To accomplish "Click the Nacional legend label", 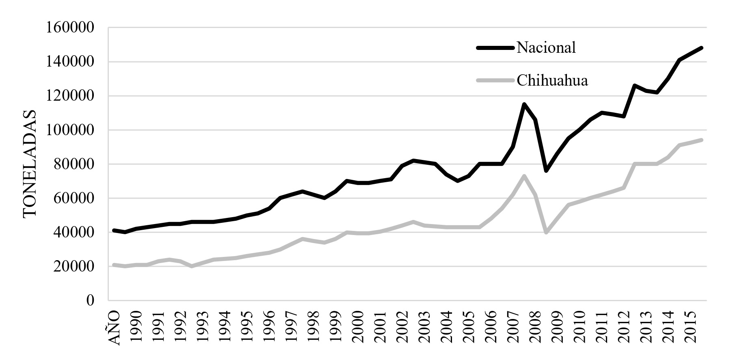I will [546, 48].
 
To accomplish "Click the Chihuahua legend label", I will [552, 80].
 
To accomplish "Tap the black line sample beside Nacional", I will [495, 48].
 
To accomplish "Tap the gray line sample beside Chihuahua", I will [495, 80].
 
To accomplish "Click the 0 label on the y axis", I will [90, 300].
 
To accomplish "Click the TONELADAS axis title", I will [30, 164].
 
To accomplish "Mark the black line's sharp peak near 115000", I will [524, 104].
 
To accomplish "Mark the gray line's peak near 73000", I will [524, 176].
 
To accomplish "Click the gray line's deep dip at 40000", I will [546, 233].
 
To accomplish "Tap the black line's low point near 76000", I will [546, 171].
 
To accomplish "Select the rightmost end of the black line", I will [701, 48].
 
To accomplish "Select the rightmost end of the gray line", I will [701, 140].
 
